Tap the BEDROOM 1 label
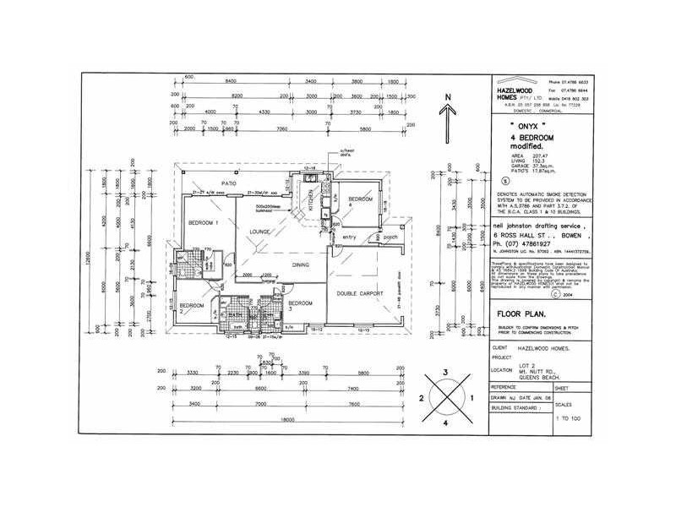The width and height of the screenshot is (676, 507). [x=204, y=222]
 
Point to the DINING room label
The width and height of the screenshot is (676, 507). [x=301, y=265]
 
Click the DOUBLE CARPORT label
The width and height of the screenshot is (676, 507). [x=360, y=293]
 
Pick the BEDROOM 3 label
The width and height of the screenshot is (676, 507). [x=301, y=305]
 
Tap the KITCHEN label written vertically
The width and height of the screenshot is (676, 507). [x=310, y=201]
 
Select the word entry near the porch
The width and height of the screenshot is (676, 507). [x=347, y=237]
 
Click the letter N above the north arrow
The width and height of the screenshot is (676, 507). [x=451, y=97]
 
